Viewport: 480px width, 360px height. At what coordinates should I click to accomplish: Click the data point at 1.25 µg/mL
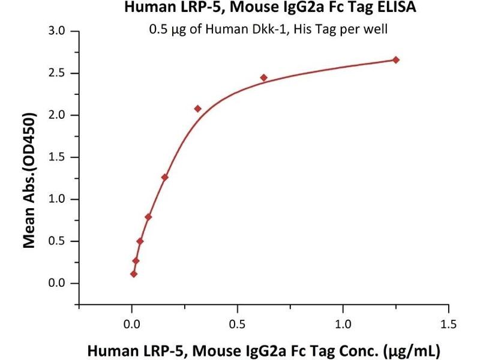pos(396,60)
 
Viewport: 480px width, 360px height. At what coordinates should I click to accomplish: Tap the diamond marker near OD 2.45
pos(264,77)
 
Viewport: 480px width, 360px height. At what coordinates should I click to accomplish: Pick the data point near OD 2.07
pos(198,109)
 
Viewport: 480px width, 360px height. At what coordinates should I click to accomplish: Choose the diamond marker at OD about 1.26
pos(165,177)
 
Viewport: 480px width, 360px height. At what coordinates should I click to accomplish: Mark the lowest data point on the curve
pos(134,274)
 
